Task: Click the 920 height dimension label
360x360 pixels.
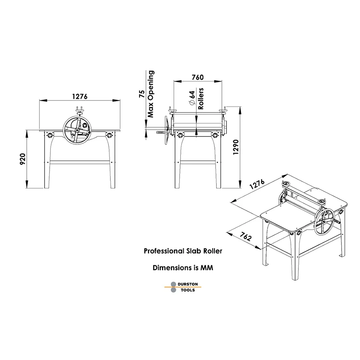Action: point(22,159)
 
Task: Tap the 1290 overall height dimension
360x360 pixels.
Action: point(236,147)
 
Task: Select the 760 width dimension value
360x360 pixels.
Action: point(198,77)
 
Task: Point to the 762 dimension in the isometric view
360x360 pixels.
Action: point(246,236)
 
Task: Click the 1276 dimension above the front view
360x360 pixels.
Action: point(80,96)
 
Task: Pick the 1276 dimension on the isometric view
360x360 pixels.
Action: point(257,184)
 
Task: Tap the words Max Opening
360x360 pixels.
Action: point(151,94)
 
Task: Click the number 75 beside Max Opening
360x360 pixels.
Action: point(142,94)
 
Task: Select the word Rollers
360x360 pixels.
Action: point(201,98)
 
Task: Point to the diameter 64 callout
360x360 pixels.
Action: point(192,98)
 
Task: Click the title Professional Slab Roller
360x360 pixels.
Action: point(183,251)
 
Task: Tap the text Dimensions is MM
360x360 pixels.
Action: point(183,268)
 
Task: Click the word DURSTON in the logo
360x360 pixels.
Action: point(188,284)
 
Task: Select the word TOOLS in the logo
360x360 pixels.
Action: point(188,290)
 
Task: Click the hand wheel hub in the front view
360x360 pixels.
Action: point(77,130)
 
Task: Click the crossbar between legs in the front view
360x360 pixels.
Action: point(80,162)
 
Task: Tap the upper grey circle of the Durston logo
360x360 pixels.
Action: point(174,284)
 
